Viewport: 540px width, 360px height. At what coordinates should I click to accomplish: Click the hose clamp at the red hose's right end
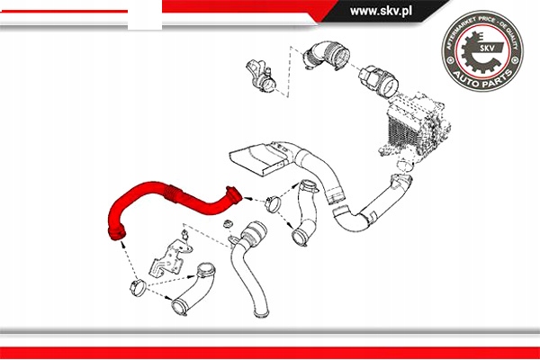(x=234, y=193)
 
